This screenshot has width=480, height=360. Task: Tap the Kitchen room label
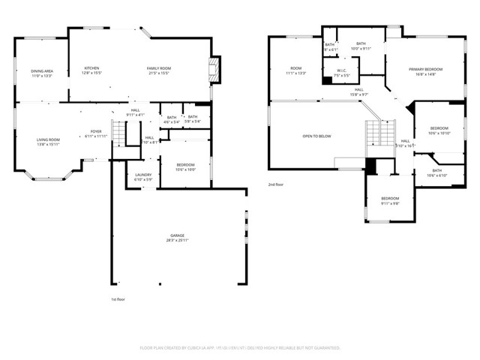91,68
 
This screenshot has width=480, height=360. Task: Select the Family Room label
158,68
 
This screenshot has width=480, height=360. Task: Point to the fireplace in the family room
215,70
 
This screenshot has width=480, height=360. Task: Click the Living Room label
49,139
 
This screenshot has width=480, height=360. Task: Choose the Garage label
176,239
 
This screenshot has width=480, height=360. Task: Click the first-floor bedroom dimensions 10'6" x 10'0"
185,169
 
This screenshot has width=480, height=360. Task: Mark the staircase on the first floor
117,133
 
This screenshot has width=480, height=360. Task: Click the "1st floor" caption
117,298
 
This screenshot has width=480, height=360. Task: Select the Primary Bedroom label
422,70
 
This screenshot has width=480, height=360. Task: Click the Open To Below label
316,136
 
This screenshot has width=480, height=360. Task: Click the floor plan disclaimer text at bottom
240,348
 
